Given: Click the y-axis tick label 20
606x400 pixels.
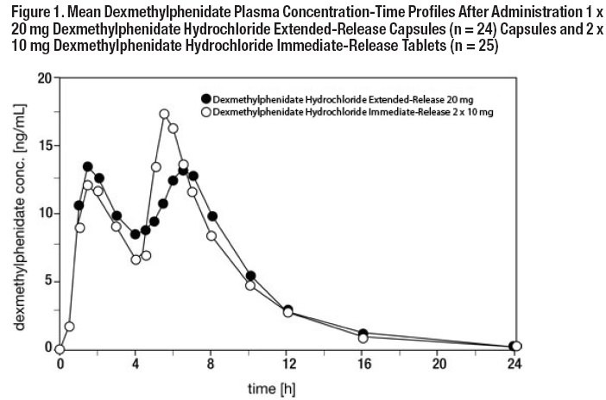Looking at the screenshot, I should pos(42,78).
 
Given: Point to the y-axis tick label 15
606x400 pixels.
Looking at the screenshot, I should pos(42,146).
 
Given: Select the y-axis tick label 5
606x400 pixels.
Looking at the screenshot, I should pos(46,280).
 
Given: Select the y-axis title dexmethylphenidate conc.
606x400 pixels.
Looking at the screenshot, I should pos(19,213).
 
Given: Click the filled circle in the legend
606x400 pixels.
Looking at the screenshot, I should pos(205,98).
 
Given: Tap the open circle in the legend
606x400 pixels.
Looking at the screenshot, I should pos(205,112).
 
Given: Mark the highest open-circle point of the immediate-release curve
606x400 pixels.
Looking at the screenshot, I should pos(164,114).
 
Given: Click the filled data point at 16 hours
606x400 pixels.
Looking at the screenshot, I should pos(363,334).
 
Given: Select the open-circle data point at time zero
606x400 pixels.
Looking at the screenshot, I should pos(60,349).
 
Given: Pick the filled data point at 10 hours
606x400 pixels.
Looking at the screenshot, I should pos(251,276).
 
